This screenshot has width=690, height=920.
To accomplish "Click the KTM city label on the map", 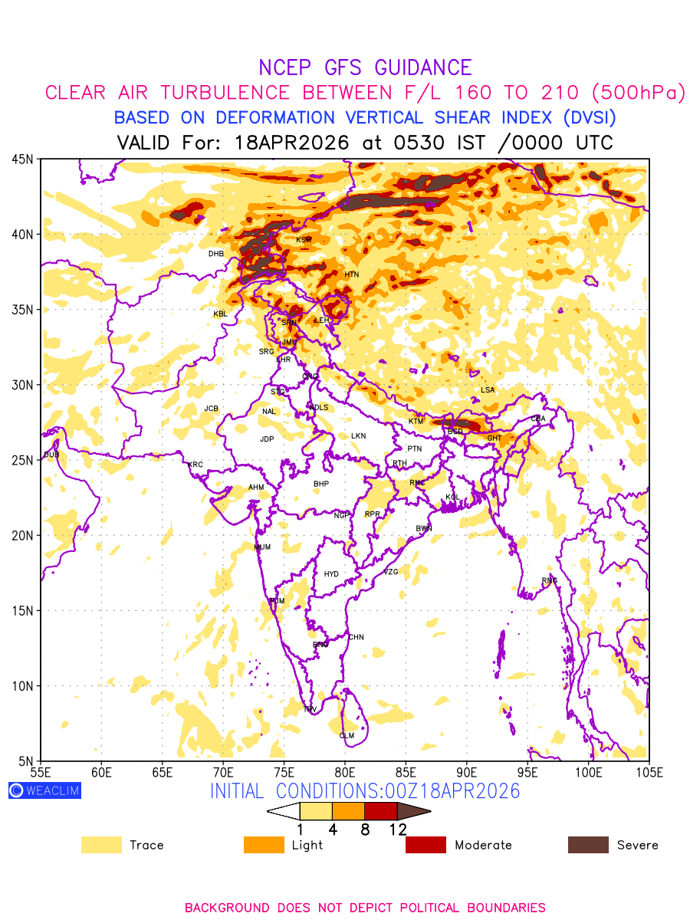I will [416, 422].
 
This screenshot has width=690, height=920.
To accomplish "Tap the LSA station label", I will [488, 390].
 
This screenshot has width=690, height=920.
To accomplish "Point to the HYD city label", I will [331, 574].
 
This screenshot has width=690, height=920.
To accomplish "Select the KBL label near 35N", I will [220, 314].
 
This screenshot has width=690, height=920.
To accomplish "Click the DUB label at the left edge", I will [51, 455].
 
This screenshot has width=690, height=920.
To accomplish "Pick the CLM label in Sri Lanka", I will [347, 736].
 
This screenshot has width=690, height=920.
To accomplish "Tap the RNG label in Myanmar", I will [550, 580].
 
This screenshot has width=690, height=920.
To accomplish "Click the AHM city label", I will [255, 488].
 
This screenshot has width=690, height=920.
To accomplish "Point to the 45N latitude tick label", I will [22, 159].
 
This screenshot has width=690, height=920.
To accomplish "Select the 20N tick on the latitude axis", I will [22, 536].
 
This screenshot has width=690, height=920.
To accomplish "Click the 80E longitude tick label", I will [345, 771].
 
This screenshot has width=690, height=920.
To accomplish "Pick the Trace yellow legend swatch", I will [101, 845].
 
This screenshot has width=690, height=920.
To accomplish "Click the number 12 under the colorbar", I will [397, 830].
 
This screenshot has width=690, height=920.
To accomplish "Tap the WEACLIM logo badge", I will [44, 790].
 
